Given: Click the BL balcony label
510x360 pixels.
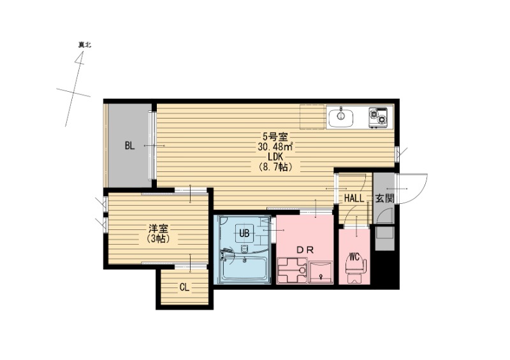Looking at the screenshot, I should coord(129,146).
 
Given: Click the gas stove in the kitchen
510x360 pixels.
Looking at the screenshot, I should coord(378,117).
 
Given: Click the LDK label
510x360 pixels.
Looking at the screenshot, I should coord(275,157).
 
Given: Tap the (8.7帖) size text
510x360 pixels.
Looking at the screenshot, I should coord(275,168).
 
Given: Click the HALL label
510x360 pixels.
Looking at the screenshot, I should coord(354,198).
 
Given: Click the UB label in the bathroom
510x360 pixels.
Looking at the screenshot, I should coord(244,233).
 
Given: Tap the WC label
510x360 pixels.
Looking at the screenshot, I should coord(355,257).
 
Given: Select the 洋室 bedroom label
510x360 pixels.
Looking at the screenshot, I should coord(157,228).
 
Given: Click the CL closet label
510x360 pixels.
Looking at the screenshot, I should coord(184,287).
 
